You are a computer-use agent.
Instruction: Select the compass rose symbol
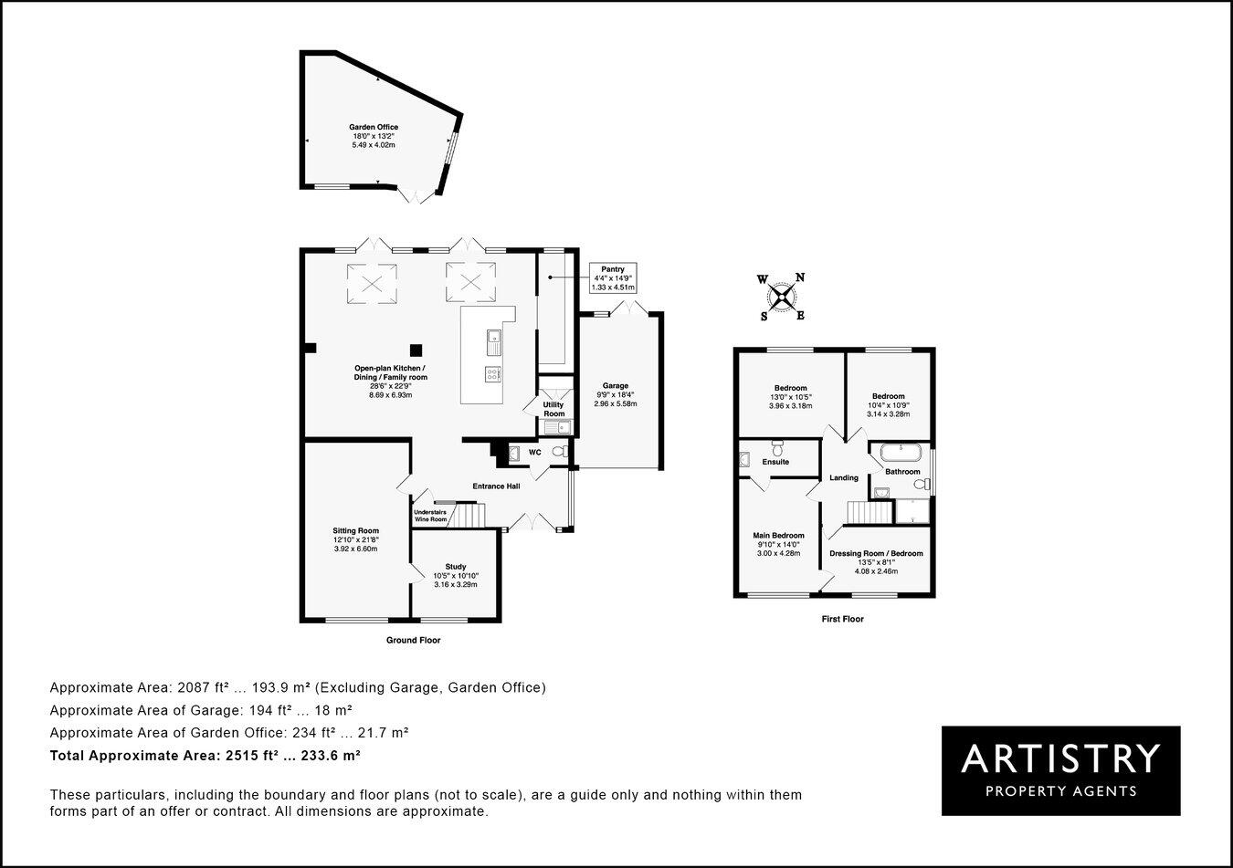pos(781,297)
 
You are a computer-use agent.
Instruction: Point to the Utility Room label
pos(553,409)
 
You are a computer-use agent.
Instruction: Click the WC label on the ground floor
pos(534,452)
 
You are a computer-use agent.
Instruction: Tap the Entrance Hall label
pos(496,486)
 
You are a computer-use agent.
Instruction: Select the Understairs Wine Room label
pos(430,516)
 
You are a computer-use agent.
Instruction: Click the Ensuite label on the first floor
pos(775,462)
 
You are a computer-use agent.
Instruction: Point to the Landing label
pos(843,477)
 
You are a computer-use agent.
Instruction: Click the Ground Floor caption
pos(413,641)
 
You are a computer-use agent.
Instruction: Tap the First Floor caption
pos(841,619)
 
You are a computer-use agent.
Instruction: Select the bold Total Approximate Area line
pos(205,756)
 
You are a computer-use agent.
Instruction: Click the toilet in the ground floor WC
pos(559,451)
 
